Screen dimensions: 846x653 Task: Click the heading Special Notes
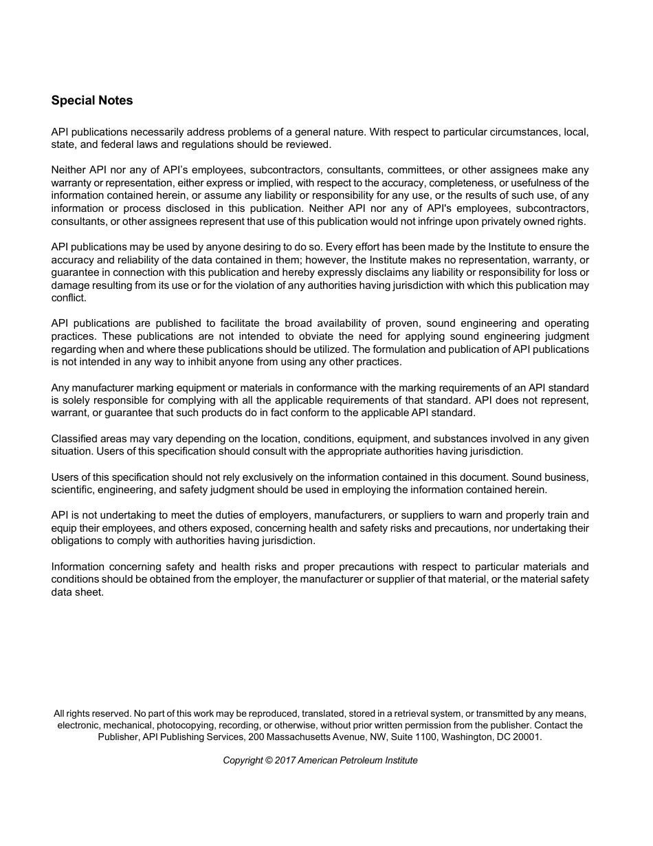coord(92,100)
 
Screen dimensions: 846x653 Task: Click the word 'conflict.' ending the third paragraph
coord(69,299)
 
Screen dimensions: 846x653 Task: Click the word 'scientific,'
coord(73,490)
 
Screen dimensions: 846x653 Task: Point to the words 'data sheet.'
coord(78,592)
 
